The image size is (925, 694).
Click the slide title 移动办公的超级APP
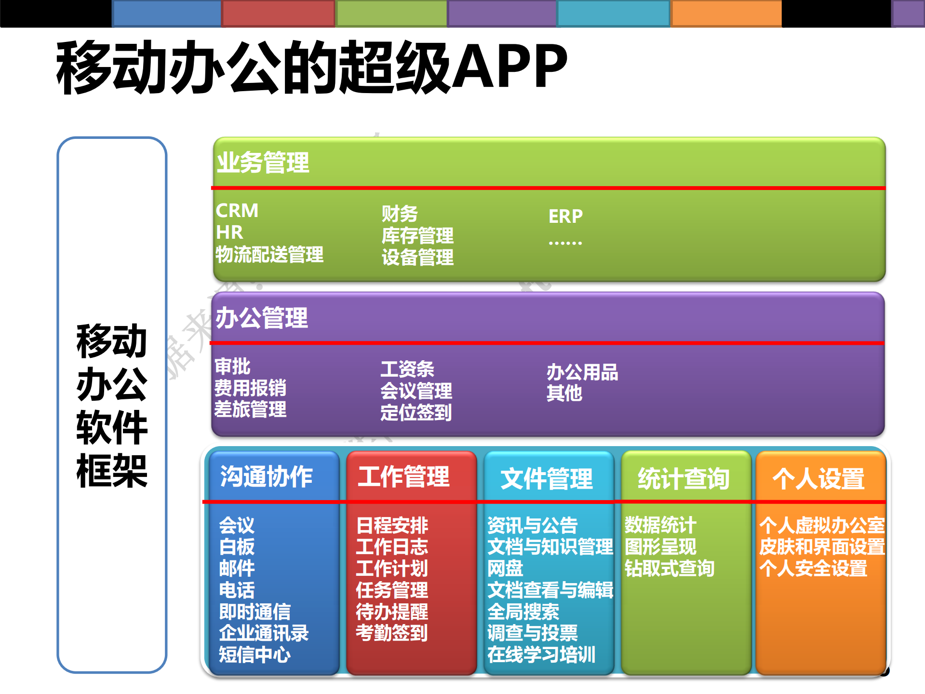click(311, 68)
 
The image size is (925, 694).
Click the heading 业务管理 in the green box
click(263, 163)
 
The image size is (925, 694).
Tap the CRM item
click(237, 211)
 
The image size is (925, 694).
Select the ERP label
click(565, 216)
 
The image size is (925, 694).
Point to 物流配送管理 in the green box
click(269, 255)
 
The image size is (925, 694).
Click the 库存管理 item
click(417, 236)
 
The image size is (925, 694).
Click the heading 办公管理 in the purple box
click(261, 318)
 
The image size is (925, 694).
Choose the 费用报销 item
click(250, 388)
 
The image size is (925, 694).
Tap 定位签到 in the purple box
click(416, 412)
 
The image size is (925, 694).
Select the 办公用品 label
click(582, 372)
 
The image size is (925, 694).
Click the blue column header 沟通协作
click(267, 476)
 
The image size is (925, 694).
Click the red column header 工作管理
click(404, 476)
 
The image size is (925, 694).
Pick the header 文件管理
click(547, 478)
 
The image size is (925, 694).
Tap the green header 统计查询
click(684, 478)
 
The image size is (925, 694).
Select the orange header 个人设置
click(818, 478)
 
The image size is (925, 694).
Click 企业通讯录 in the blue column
click(264, 633)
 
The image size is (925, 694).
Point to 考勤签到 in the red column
click(391, 633)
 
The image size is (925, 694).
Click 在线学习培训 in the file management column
click(541, 654)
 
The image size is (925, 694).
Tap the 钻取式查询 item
click(669, 568)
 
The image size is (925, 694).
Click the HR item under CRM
click(229, 232)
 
